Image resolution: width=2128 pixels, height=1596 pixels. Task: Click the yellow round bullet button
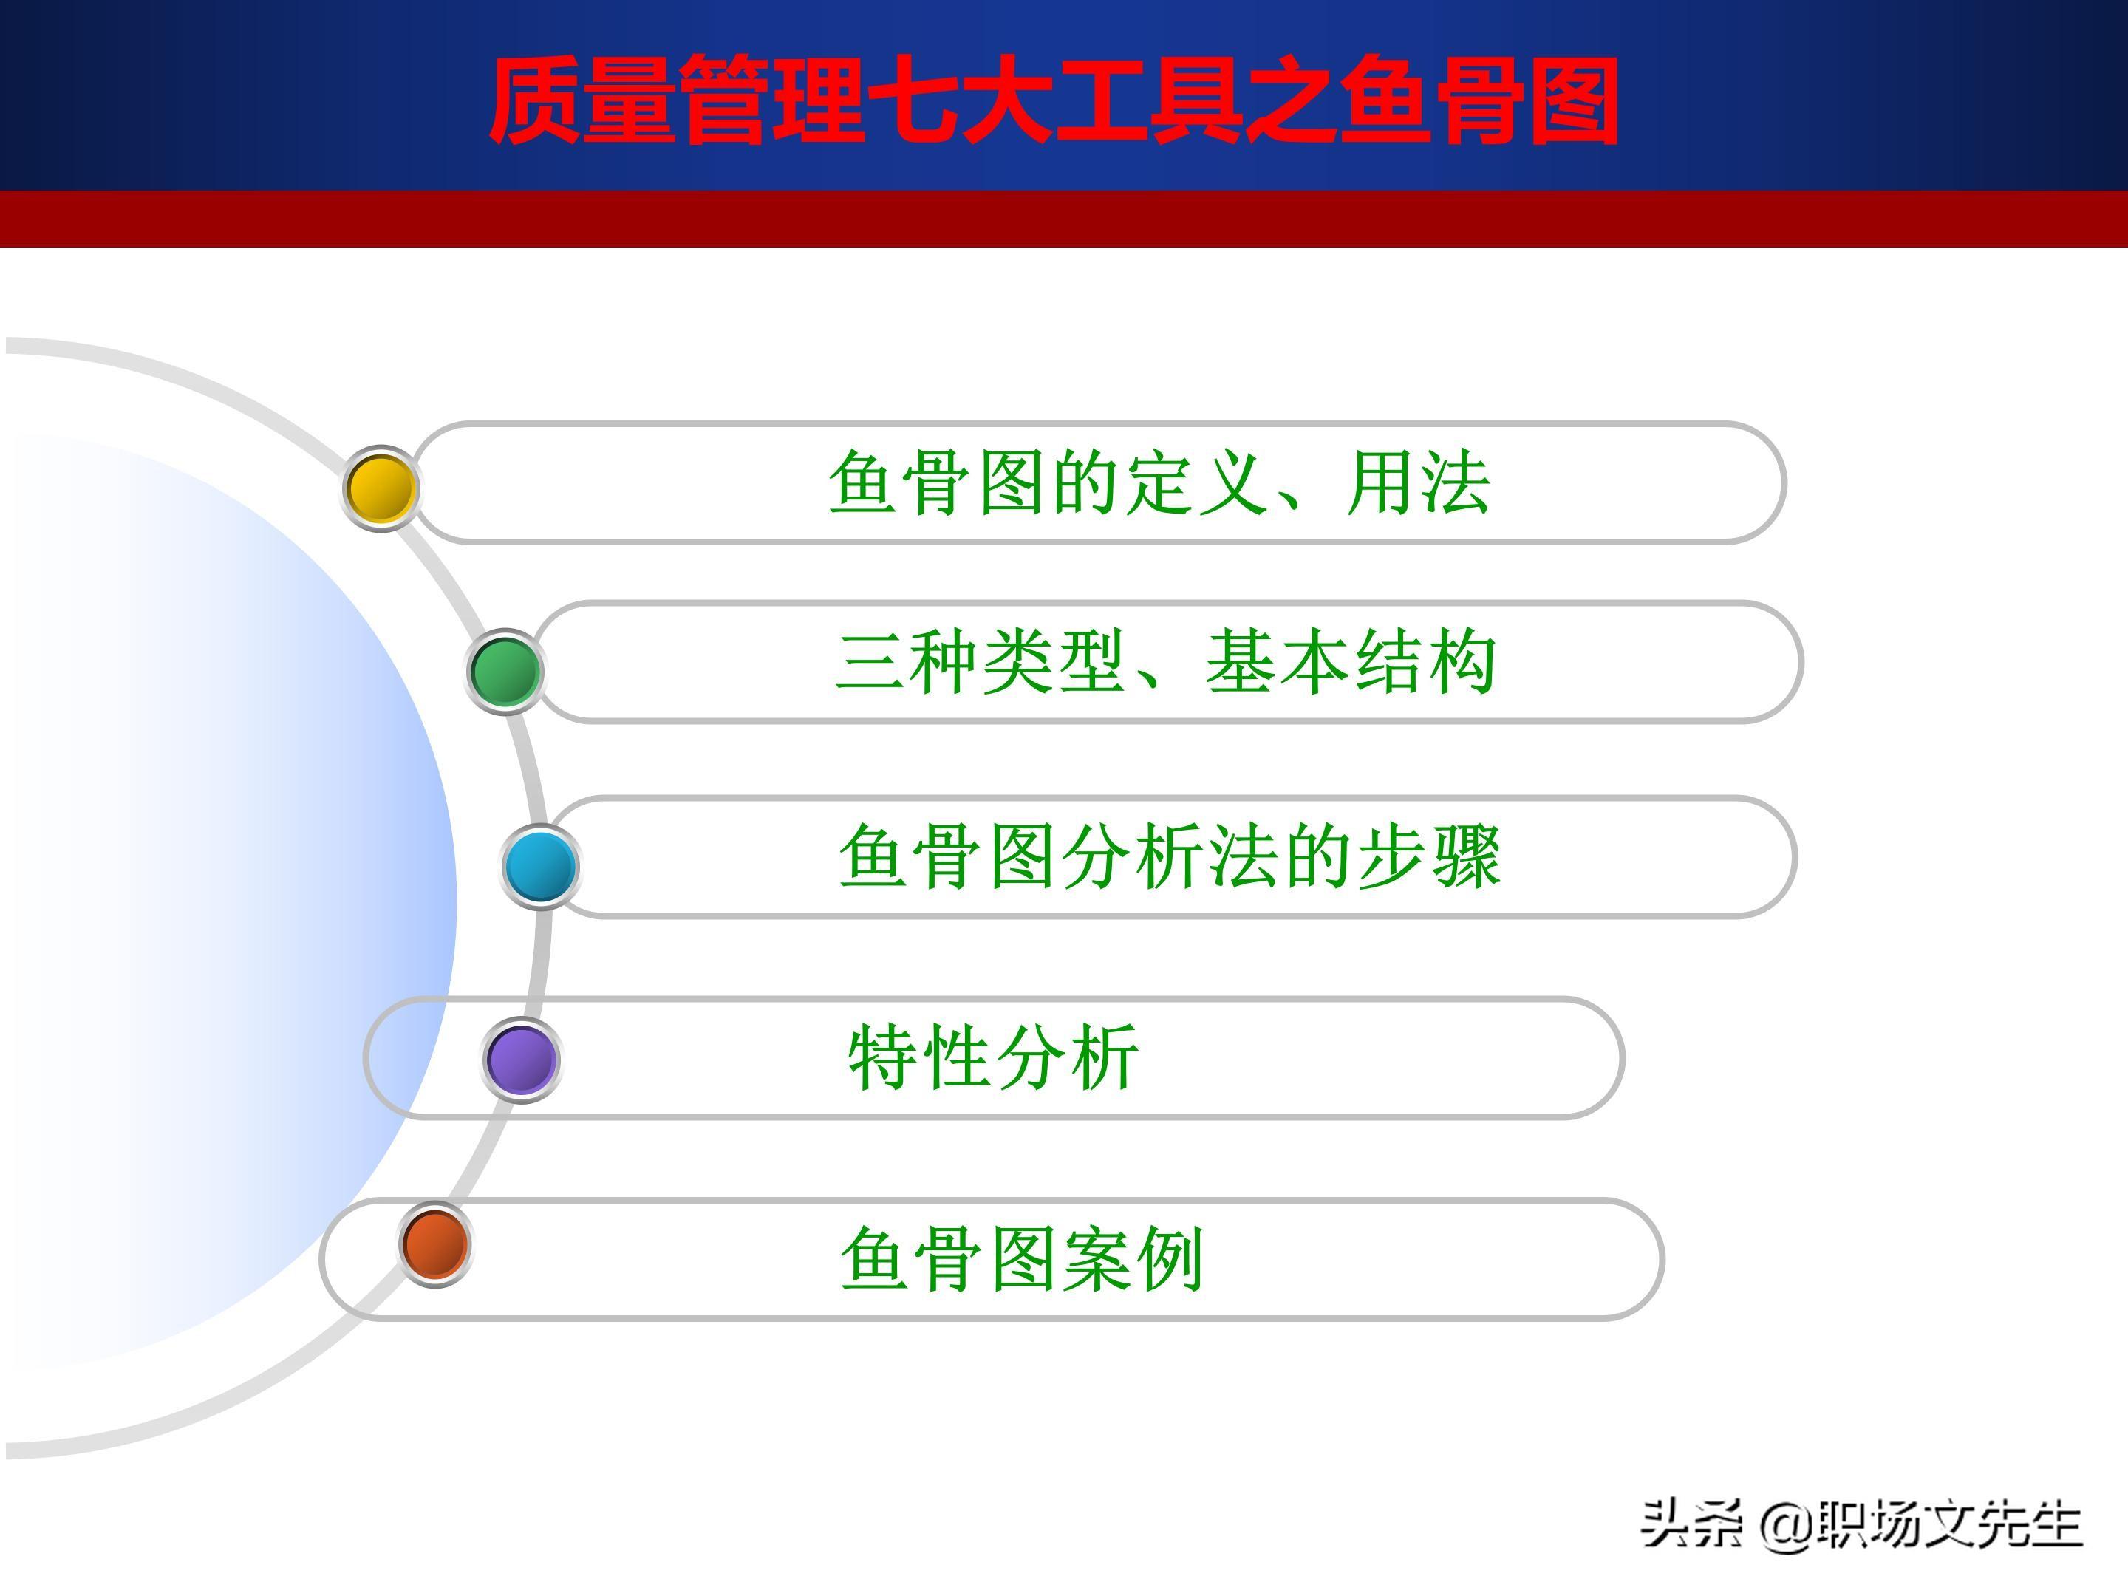[x=381, y=488]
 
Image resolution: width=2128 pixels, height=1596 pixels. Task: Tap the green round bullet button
[x=504, y=670]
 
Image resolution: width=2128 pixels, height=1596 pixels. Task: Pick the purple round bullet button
[x=520, y=1059]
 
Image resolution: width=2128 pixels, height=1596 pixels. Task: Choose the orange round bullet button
[x=434, y=1243]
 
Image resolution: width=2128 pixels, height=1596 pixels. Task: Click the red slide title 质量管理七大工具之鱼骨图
[x=1054, y=100]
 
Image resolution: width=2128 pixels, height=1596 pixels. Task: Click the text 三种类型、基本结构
[x=1166, y=662]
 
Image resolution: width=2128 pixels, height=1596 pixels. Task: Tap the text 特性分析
[x=994, y=1057]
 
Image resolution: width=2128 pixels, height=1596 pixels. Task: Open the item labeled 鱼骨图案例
[x=1023, y=1258]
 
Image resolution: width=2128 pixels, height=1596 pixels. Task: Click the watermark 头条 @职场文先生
[x=1861, y=1524]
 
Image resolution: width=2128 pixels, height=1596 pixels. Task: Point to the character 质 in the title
[x=535, y=100]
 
